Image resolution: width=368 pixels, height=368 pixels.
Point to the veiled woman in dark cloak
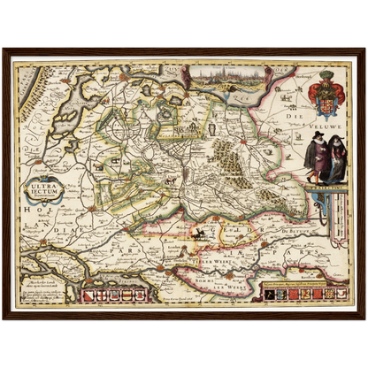[335, 157]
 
